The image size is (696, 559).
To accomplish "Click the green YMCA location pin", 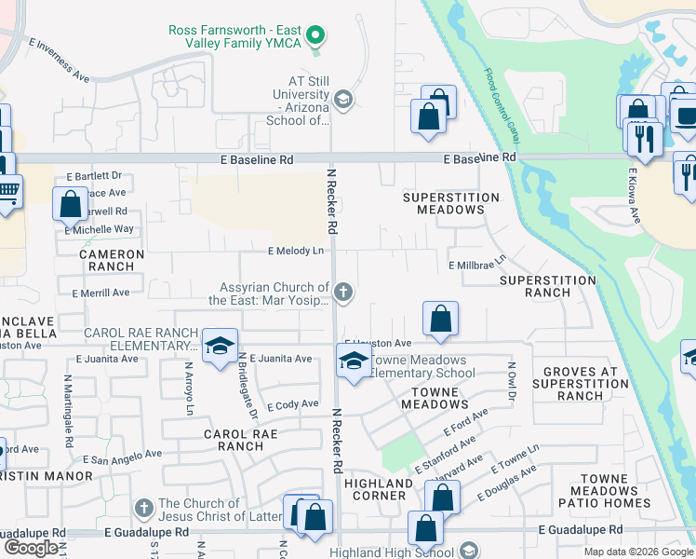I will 315,36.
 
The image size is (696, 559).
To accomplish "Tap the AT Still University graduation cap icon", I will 342,99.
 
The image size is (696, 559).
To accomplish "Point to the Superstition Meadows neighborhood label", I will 450,204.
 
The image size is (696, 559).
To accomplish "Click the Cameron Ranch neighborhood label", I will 112,260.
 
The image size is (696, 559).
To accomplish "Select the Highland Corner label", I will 379,489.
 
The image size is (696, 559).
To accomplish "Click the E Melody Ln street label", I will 296,251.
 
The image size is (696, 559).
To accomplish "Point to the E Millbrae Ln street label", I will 477,265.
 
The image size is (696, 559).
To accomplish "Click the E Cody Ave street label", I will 293,405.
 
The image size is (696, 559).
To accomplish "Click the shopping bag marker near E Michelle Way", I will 71,204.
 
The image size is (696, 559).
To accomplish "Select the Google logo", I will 31,548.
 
